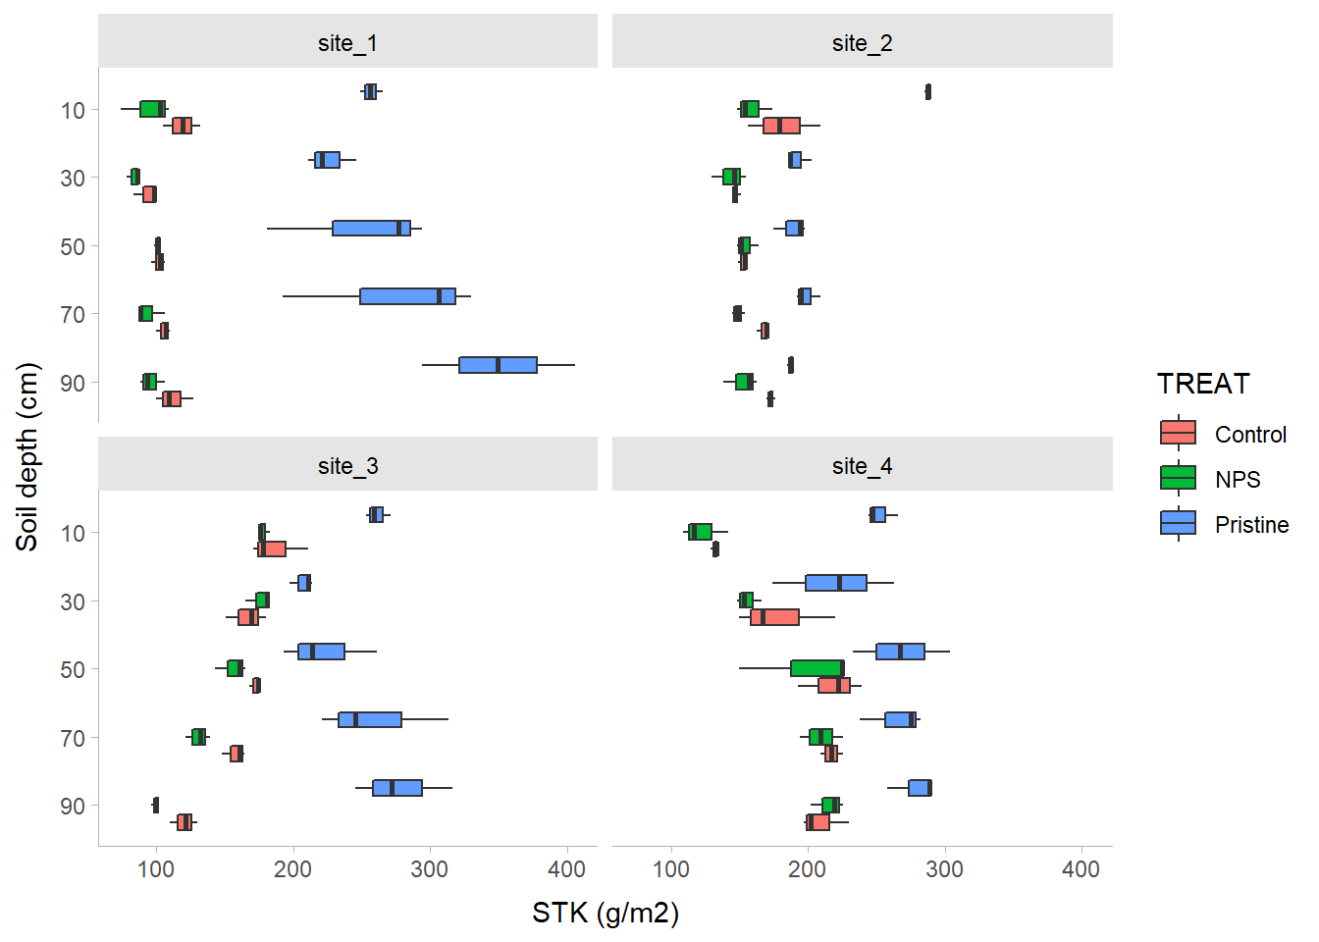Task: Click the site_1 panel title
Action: click(347, 43)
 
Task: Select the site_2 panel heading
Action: click(862, 43)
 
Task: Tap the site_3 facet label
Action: click(347, 466)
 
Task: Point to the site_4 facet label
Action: click(862, 466)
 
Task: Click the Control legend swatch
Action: click(1178, 433)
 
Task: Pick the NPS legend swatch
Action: click(1178, 478)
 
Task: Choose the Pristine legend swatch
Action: click(1178, 523)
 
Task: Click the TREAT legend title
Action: click(1203, 384)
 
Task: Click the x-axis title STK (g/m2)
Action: click(606, 914)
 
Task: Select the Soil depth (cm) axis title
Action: click(27, 456)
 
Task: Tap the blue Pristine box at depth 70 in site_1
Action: click(407, 296)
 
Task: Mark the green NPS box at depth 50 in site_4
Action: click(817, 668)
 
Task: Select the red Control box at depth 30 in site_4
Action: click(774, 617)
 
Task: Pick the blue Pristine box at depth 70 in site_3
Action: click(370, 719)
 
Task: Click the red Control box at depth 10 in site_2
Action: click(781, 126)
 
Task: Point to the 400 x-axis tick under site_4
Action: click(1081, 869)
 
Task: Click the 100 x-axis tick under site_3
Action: click(156, 869)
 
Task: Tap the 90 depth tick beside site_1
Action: click(73, 383)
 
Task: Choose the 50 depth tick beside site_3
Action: click(73, 669)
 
